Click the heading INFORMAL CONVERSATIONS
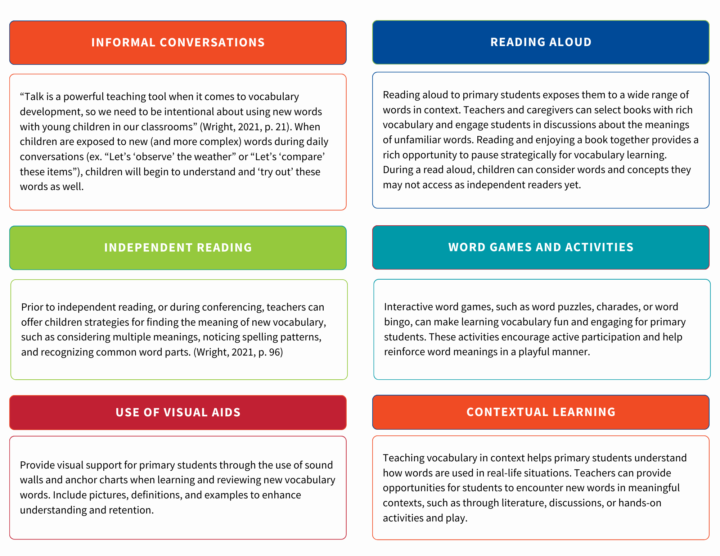[178, 42]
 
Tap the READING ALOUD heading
[541, 42]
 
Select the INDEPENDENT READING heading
[178, 248]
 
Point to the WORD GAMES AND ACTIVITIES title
[541, 247]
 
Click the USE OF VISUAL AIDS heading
[178, 412]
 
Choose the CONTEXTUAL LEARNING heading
[541, 412]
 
